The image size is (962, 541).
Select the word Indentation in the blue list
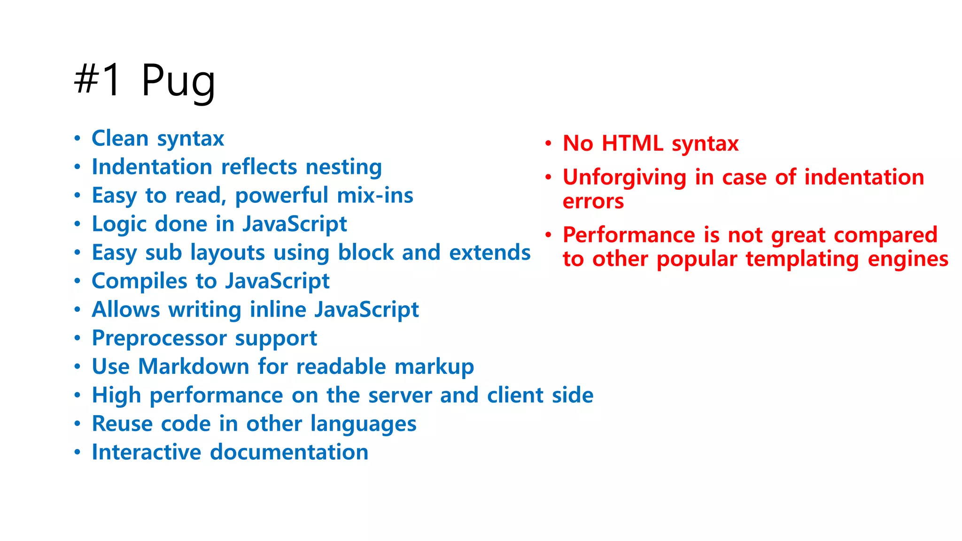(152, 167)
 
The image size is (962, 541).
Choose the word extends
(489, 253)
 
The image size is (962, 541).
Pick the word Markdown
(194, 367)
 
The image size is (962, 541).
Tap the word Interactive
(147, 452)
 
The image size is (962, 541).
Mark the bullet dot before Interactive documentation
(78, 452)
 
